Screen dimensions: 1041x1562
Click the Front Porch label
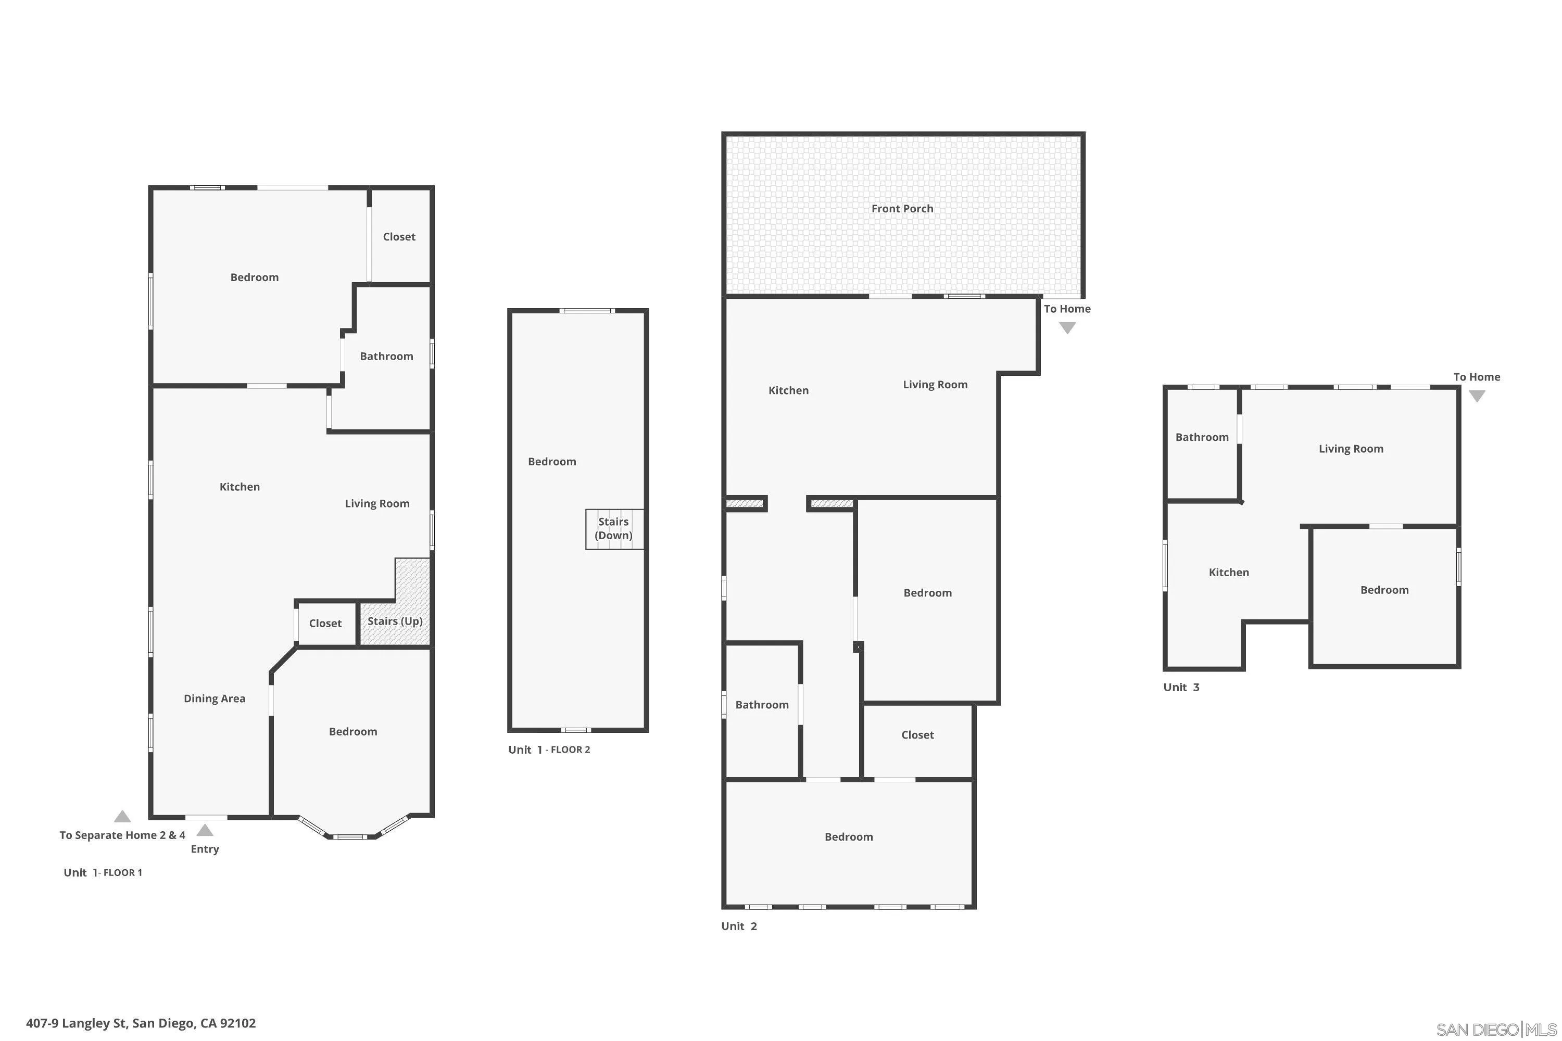point(902,209)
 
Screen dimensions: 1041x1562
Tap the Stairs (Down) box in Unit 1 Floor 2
point(614,529)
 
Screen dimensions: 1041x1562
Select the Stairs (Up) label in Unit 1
point(395,621)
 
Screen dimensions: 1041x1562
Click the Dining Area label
point(215,699)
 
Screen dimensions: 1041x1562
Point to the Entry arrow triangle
point(205,831)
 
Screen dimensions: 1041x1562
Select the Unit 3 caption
point(1181,687)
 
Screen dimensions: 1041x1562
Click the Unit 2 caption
point(738,926)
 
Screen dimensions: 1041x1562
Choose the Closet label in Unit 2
point(917,735)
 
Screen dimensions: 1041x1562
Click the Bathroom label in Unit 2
point(762,705)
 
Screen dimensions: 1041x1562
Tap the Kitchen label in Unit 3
point(1229,572)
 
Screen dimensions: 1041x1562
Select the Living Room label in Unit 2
point(935,385)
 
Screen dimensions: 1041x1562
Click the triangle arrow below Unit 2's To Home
point(1067,328)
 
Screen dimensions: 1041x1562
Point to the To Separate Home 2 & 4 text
point(122,835)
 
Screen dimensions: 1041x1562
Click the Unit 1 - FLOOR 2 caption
point(549,750)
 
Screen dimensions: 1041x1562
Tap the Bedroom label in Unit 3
point(1384,590)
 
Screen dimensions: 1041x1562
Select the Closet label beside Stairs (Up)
point(325,624)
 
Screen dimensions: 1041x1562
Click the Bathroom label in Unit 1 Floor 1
point(386,357)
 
